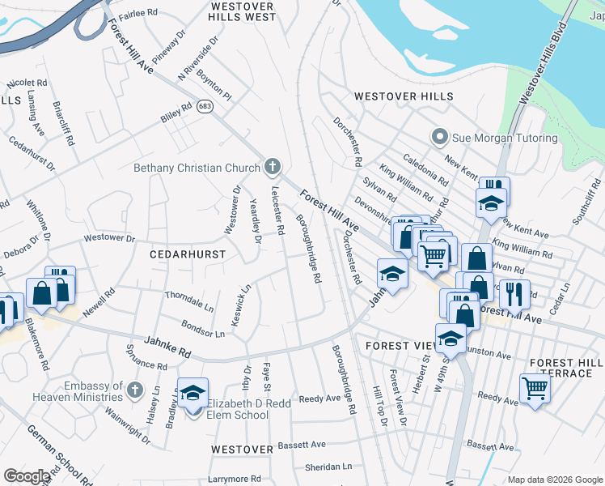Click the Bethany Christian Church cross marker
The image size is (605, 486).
pyautogui.click(x=273, y=168)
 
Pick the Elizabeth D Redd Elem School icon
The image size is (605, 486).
pyautogui.click(x=192, y=394)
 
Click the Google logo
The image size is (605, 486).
pyautogui.click(x=27, y=476)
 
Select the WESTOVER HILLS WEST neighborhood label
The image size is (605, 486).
pyautogui.click(x=243, y=11)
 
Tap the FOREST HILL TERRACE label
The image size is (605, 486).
pyautogui.click(x=565, y=369)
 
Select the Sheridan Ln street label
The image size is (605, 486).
pyautogui.click(x=328, y=467)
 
